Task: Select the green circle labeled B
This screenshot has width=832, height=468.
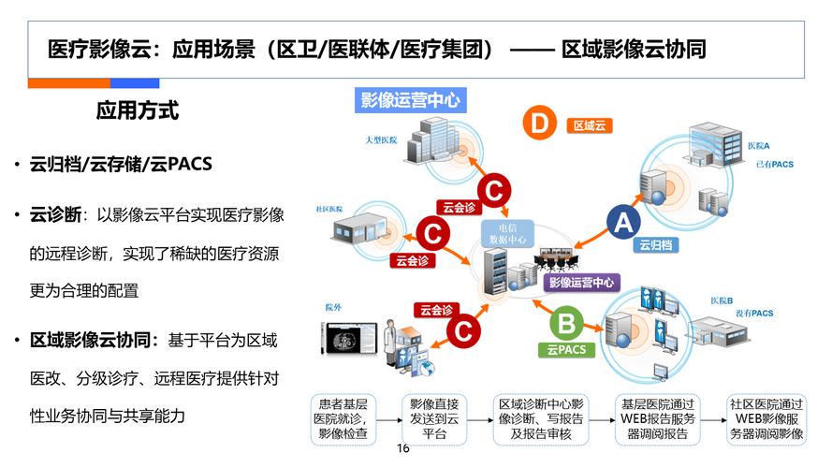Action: (x=565, y=325)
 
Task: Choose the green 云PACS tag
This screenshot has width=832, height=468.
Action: (x=565, y=350)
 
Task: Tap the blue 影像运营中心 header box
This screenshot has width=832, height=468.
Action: (x=410, y=100)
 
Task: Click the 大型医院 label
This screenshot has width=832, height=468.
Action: (x=381, y=140)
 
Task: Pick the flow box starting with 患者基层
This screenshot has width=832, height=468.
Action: (x=343, y=419)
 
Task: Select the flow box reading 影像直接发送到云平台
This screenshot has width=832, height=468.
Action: (x=433, y=419)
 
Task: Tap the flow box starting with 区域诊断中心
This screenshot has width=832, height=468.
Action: (x=541, y=419)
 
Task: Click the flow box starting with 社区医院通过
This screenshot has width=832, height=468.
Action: (x=766, y=419)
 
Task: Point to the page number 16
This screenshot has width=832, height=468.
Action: (x=404, y=448)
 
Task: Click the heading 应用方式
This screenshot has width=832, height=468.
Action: (x=138, y=110)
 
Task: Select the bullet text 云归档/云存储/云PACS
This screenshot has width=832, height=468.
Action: (x=121, y=164)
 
